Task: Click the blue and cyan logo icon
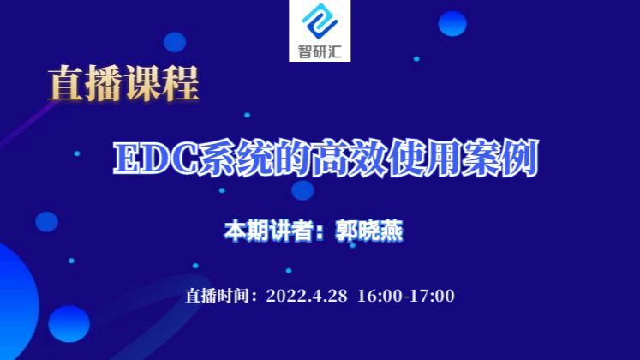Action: point(320,21)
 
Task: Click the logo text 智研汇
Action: point(320,51)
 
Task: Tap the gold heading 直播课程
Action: point(123,84)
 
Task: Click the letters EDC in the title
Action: point(156,158)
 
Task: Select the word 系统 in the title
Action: point(236,158)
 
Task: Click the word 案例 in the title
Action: point(500,158)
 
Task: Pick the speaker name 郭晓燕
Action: point(369,231)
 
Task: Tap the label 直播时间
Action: point(217,296)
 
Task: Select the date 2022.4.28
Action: point(307,296)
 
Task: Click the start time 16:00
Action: point(380,296)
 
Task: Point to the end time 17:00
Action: point(432,296)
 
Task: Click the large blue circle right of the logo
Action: point(452,24)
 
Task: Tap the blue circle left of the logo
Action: point(175,42)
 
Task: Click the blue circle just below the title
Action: point(302,190)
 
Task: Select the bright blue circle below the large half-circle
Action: point(69,324)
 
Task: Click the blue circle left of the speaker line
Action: point(46,222)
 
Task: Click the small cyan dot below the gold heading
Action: point(247,115)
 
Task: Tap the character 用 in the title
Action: point(443,158)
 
